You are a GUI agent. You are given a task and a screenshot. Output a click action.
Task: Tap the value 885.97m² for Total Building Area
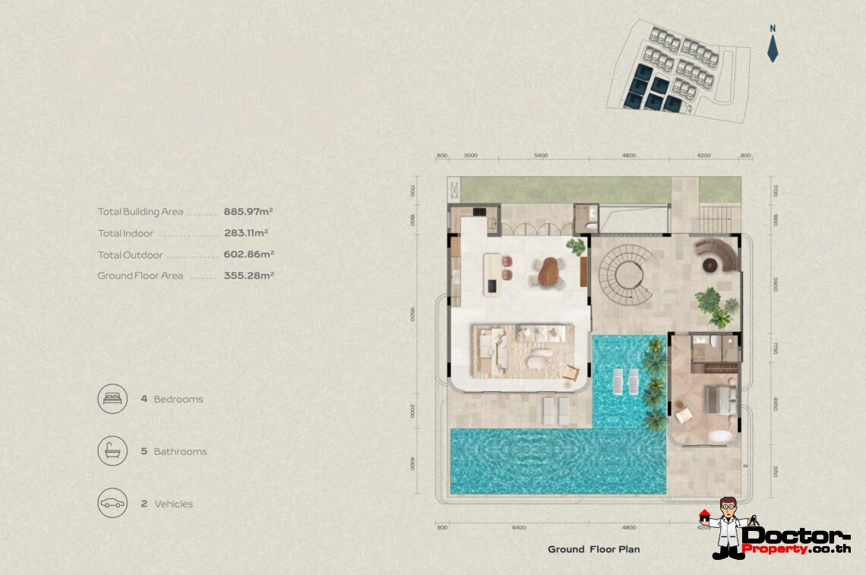(x=248, y=212)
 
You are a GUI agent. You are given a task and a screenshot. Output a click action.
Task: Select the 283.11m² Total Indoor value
(x=245, y=233)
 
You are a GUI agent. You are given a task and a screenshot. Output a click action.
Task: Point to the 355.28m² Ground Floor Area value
(x=248, y=276)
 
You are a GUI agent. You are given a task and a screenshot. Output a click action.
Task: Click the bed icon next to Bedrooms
(x=112, y=399)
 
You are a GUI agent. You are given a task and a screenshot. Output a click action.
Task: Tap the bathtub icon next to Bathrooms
(x=112, y=451)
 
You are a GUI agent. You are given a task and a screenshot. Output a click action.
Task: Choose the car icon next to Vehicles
(x=112, y=504)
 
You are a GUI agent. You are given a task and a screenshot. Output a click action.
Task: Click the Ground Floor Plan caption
(x=593, y=549)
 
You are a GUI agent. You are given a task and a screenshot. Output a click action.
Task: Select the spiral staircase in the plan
(x=622, y=273)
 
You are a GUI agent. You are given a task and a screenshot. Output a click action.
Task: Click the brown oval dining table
(x=548, y=271)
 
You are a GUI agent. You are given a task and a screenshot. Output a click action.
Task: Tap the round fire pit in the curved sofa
(x=711, y=264)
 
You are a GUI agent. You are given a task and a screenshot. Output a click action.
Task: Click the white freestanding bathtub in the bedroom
(x=719, y=437)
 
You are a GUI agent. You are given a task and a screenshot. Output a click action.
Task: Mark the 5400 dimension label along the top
(x=540, y=155)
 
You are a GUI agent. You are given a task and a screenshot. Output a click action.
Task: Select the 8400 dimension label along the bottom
(x=519, y=526)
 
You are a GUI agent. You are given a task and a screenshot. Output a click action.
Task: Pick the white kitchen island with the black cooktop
(x=497, y=273)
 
